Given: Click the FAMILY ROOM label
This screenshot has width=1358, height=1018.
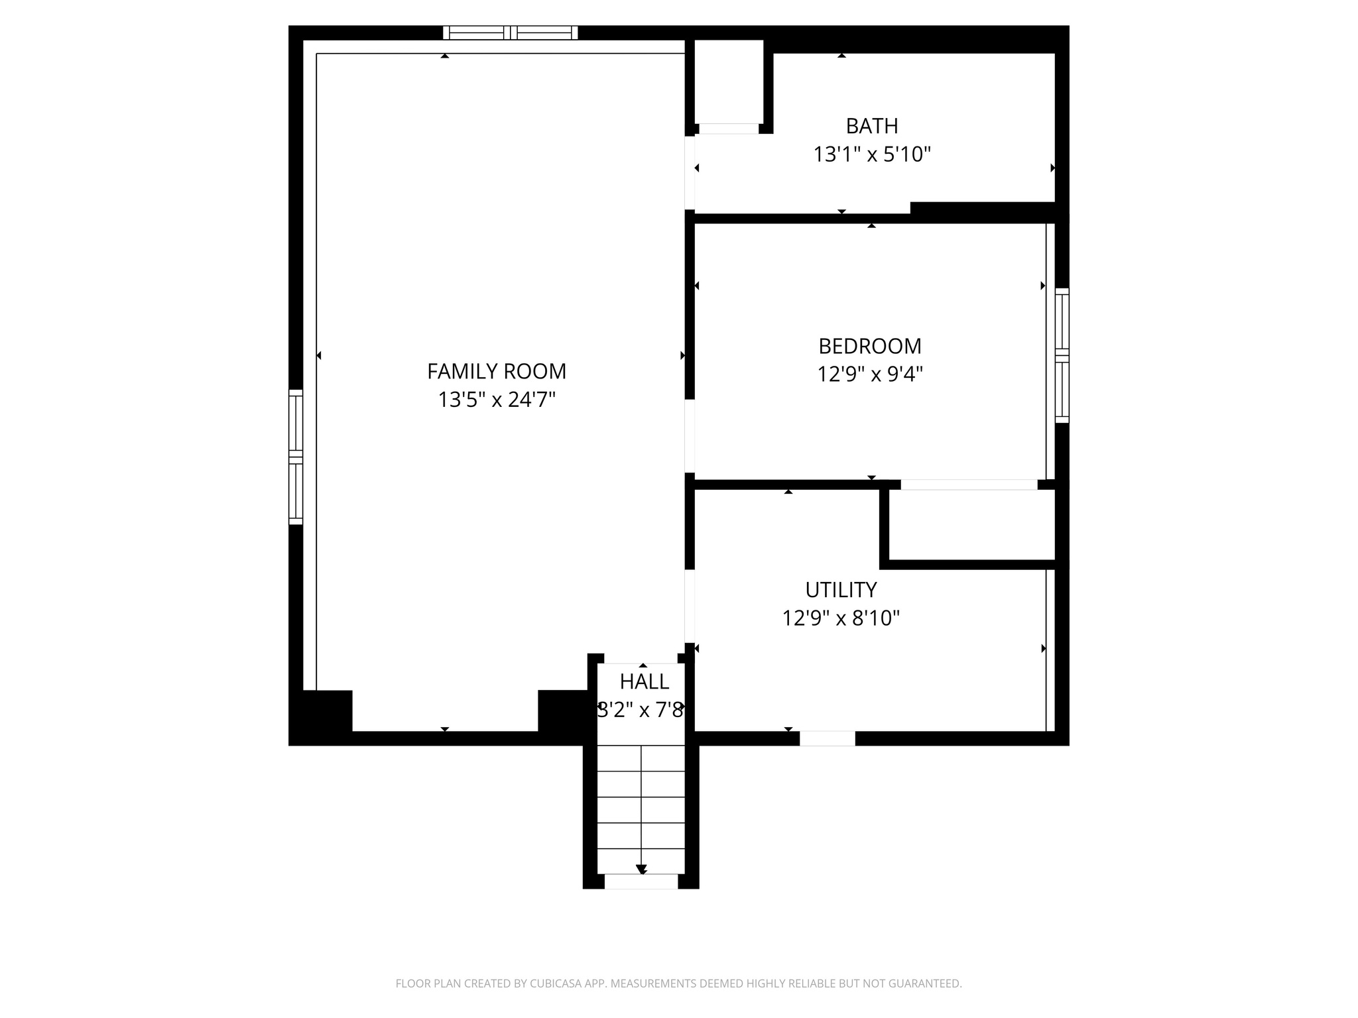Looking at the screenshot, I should (497, 371).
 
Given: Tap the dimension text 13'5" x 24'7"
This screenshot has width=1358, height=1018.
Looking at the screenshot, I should (497, 400).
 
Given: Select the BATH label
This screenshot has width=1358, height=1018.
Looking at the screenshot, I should (872, 126).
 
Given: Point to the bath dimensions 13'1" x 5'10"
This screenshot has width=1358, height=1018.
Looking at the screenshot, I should (872, 155).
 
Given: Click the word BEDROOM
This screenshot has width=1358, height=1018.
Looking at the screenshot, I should (870, 346).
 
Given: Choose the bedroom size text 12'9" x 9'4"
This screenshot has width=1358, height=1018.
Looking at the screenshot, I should (870, 375).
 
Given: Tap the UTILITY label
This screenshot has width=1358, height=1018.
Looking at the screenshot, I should (841, 589).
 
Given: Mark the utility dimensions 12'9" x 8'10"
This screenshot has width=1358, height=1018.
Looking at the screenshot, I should (841, 618).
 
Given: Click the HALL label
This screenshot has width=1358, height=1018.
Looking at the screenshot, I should (644, 681).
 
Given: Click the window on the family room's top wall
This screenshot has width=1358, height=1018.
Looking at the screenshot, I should (511, 32).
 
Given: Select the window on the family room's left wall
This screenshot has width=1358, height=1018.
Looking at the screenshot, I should (296, 457).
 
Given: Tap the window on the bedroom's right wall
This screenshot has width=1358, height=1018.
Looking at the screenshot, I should (1062, 355).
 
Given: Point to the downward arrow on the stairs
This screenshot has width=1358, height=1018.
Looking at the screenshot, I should (641, 869).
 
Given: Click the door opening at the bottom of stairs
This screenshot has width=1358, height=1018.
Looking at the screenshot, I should (641, 881).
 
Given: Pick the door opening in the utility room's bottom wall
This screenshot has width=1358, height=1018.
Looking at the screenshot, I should (827, 738).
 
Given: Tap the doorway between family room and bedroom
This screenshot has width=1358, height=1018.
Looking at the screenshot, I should (690, 435).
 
